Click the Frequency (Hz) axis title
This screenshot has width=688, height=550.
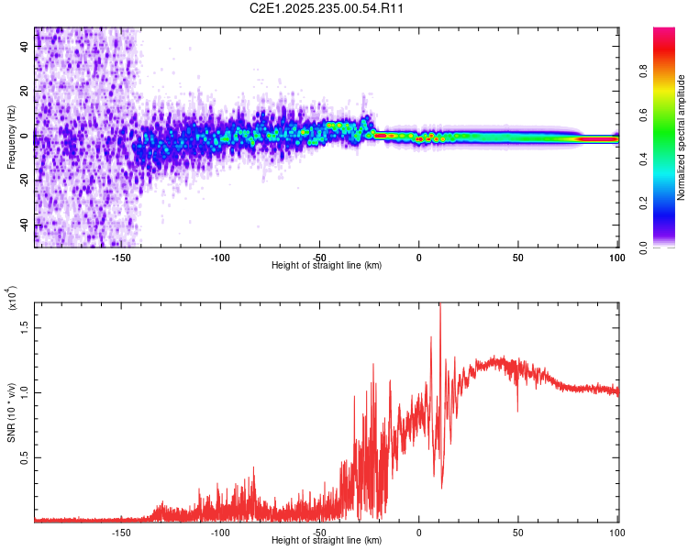click(x=11, y=137)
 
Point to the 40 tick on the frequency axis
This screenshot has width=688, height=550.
click(x=25, y=48)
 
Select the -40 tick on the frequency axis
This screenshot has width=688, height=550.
click(x=23, y=225)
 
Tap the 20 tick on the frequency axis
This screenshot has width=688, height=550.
click(x=25, y=92)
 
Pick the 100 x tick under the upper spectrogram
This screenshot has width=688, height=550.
click(x=616, y=258)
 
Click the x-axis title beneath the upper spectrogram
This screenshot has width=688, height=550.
click(x=327, y=267)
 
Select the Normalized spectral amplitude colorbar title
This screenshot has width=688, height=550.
click(x=682, y=137)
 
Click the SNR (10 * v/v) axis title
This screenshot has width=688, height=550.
click(x=11, y=412)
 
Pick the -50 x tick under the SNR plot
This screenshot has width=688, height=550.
click(x=319, y=532)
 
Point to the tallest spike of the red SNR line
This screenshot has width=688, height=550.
click(x=440, y=305)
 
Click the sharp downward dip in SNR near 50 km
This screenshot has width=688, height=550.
click(x=517, y=411)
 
